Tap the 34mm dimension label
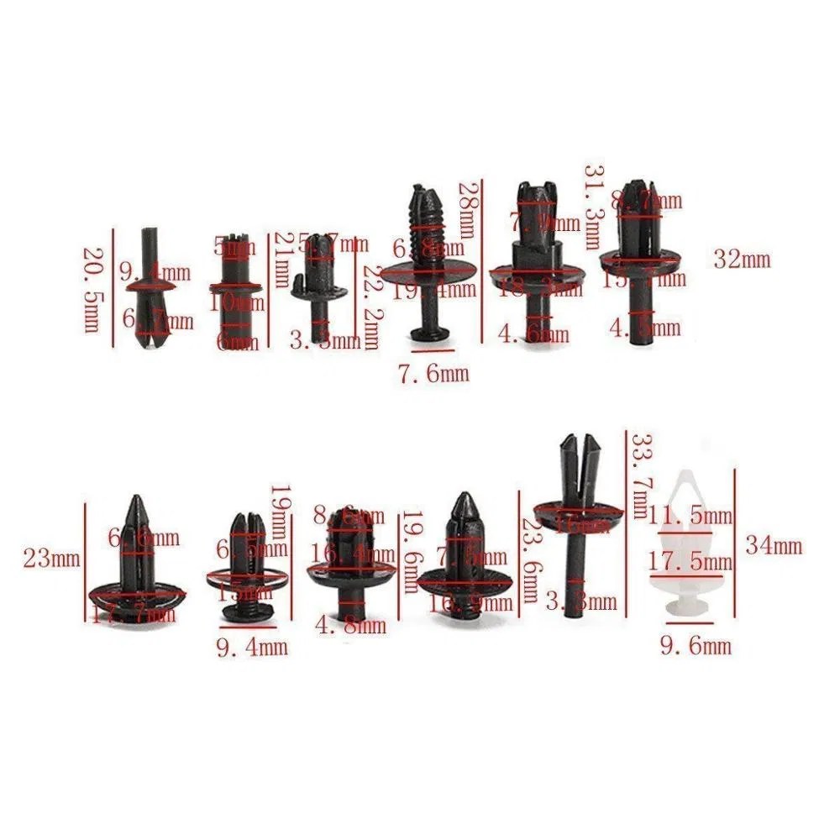774,546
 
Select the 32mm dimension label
742,259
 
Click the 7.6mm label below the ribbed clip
433,372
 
